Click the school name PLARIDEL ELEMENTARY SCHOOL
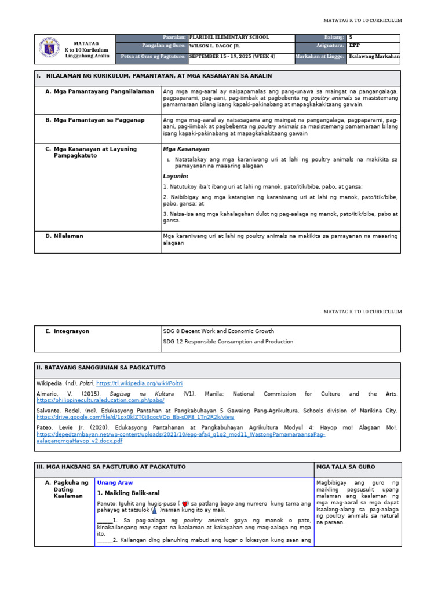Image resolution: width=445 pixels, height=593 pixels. [229, 38]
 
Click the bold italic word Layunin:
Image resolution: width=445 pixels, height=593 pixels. [176, 176]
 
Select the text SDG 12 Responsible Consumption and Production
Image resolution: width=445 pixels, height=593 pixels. [228, 342]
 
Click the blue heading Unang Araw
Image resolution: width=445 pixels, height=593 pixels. [115, 482]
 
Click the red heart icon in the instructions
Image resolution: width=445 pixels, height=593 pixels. [184, 504]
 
